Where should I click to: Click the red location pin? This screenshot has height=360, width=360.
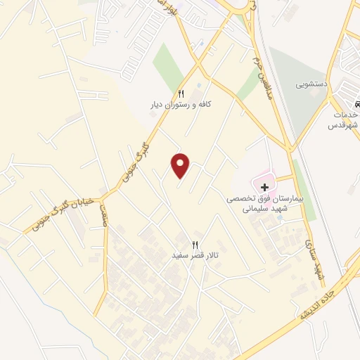pos(181,165)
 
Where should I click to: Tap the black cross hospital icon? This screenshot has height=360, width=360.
pos(265,187)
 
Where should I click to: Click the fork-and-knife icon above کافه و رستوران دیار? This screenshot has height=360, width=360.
pos(181,94)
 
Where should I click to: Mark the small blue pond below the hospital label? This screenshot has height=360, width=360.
pos(280,217)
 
